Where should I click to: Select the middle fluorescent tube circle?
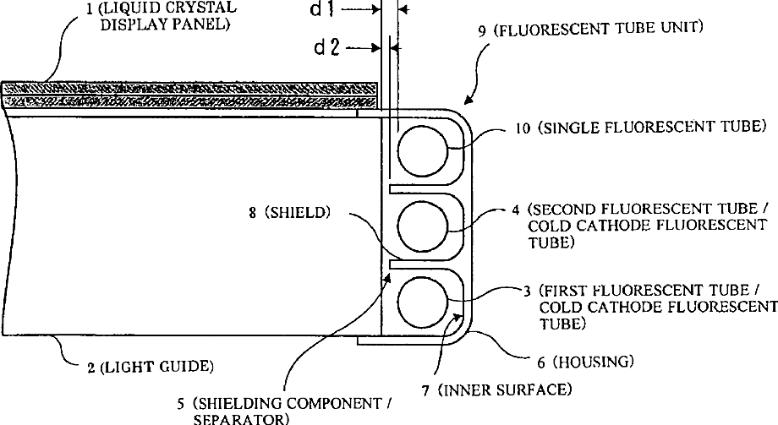pyautogui.click(x=421, y=225)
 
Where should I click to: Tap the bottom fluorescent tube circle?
pyautogui.click(x=421, y=302)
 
